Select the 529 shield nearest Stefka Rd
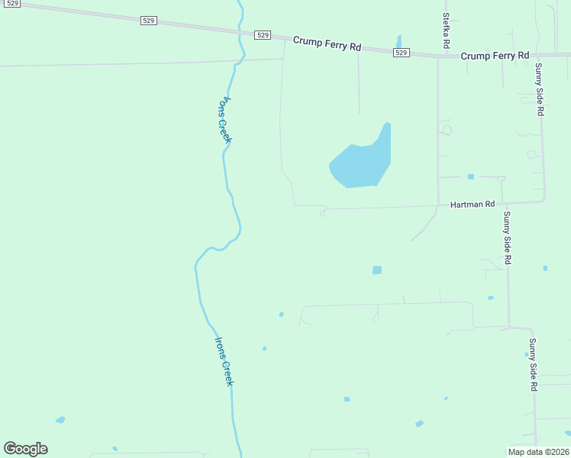click(x=402, y=52)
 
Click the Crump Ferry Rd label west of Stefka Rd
click(x=327, y=44)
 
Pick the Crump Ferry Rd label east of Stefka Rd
click(x=495, y=56)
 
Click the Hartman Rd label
click(x=473, y=205)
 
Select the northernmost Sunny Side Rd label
click(x=540, y=89)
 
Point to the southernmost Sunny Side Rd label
click(x=533, y=365)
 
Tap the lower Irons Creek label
click(x=223, y=361)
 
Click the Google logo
click(x=25, y=449)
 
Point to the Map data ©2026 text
click(x=537, y=452)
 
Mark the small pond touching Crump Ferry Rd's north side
click(x=398, y=42)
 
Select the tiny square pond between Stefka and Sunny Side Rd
click(x=470, y=177)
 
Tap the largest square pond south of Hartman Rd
click(x=376, y=270)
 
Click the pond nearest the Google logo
click(x=60, y=420)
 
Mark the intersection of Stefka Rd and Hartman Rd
click(x=437, y=205)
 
